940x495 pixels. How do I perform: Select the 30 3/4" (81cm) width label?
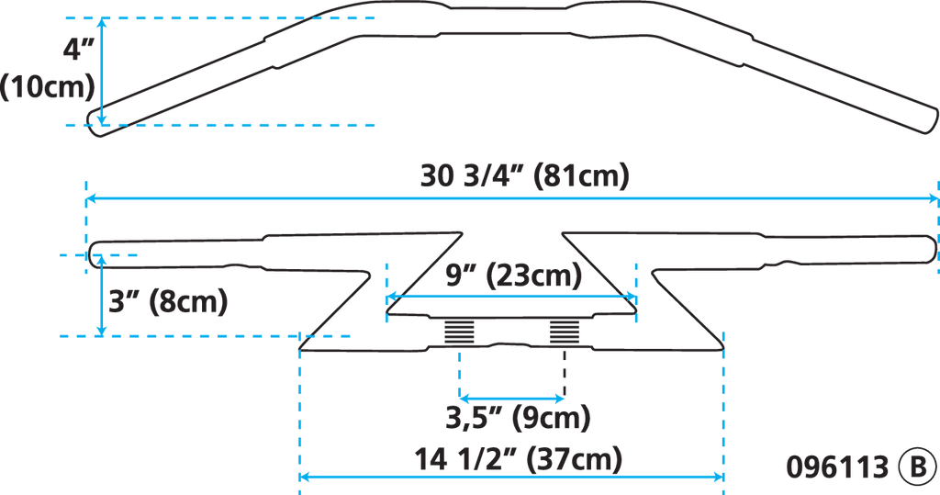point(524,175)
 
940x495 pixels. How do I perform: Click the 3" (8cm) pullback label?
point(168,301)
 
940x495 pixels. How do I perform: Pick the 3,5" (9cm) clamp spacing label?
point(518,420)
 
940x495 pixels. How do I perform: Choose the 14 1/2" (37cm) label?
point(519,456)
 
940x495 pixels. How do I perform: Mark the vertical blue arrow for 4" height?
point(102,70)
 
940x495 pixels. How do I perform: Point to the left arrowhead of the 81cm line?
point(90,198)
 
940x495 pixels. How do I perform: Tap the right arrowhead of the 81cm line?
point(934,198)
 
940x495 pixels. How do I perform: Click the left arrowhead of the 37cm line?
point(304,477)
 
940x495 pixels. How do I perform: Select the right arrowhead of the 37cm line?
point(720,477)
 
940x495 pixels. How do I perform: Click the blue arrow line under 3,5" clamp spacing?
point(511,398)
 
